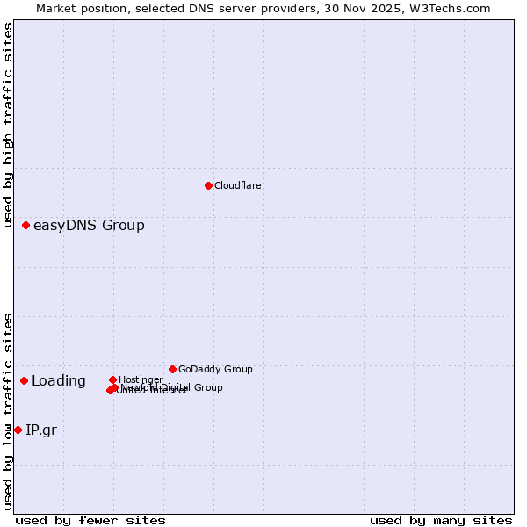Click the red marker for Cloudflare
point(208,185)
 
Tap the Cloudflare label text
point(238,185)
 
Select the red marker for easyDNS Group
point(26,226)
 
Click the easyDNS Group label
point(89,226)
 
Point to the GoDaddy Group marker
point(172,369)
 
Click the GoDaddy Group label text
point(215,369)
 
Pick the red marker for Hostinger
point(112,379)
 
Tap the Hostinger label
point(141,379)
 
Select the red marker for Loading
point(25,380)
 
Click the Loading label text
point(59,381)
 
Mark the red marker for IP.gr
point(18,430)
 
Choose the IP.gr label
point(41,430)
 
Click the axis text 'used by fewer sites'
point(90,520)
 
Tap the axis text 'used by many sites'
point(441,520)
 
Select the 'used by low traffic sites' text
point(8,411)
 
